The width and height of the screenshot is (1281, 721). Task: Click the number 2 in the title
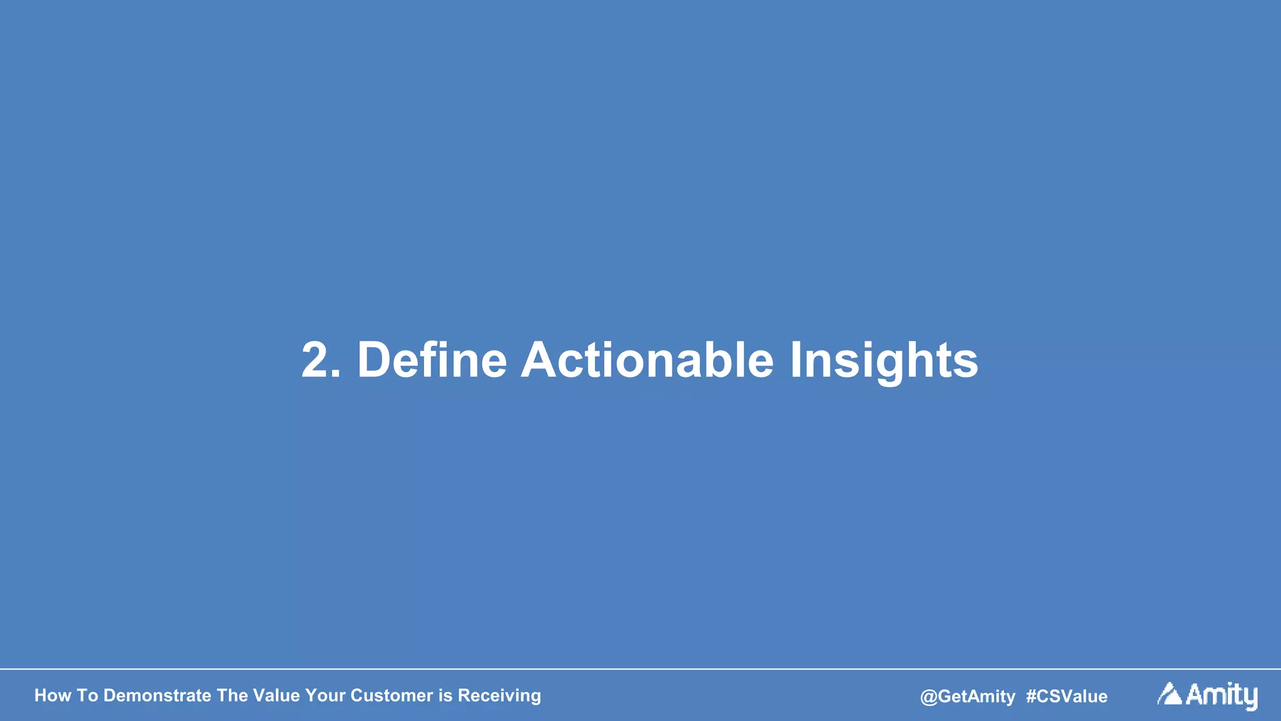pos(317,360)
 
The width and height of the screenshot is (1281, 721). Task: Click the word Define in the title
pos(432,360)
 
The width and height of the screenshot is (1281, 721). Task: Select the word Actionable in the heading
pos(647,360)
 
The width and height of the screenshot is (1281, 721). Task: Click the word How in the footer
pos(53,695)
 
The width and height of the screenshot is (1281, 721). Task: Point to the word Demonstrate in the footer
pos(157,695)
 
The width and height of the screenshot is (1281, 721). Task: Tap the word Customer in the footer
pos(392,695)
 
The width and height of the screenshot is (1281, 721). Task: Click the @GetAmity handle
pos(968,697)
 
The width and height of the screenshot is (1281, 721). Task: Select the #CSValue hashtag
pos(1066,697)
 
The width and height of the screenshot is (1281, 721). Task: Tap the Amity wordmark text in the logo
pos(1222,695)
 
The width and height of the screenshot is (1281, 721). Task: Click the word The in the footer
pos(232,695)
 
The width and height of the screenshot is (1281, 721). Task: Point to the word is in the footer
pos(445,695)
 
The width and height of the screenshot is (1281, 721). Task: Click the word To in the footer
pos(88,695)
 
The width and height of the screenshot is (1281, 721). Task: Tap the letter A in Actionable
pos(539,360)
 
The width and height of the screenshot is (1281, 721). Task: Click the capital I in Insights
pos(796,360)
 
